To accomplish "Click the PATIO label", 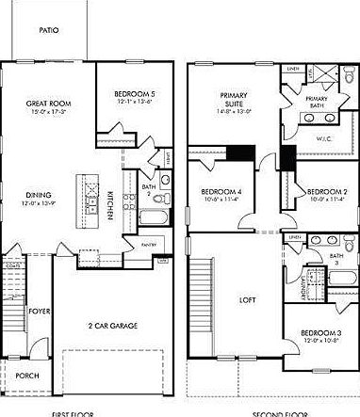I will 50,29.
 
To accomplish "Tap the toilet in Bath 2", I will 165,180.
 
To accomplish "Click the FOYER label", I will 38,309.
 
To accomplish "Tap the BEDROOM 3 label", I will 320,333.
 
